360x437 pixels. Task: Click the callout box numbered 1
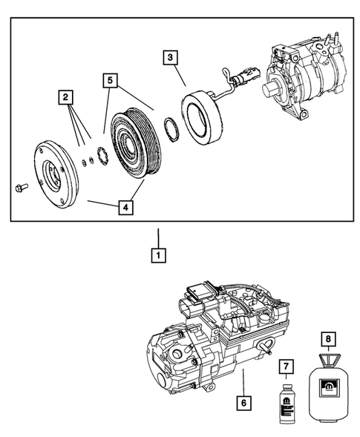tap(157, 256)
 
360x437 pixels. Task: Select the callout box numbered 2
tap(66, 96)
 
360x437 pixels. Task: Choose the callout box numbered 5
tap(111, 78)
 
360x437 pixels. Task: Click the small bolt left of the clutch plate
tap(20, 186)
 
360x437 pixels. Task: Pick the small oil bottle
tap(287, 404)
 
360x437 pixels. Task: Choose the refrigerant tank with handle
tap(326, 389)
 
